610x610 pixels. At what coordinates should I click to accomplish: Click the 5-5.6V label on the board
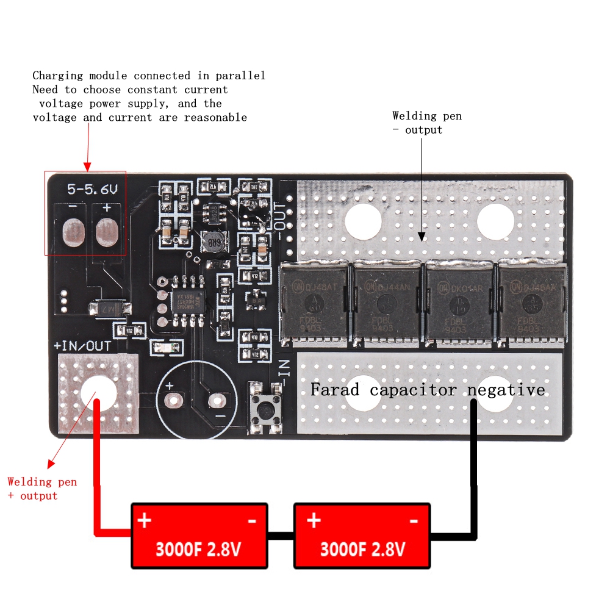tap(92, 190)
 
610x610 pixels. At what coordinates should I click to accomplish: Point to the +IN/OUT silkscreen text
tap(82, 346)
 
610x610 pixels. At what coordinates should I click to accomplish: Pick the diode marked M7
tap(110, 309)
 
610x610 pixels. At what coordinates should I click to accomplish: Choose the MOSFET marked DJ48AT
tap(314, 300)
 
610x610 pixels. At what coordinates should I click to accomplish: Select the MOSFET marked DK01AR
tap(459, 300)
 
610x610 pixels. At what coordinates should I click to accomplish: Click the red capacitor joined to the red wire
tap(199, 536)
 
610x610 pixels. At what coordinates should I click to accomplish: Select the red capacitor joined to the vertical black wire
tap(362, 536)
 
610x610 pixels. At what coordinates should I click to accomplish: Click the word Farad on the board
tap(335, 389)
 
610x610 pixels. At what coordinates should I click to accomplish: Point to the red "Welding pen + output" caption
tap(42, 489)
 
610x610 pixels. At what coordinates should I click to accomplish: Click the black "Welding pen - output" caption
tap(427, 122)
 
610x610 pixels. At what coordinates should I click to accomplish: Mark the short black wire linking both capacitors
tap(281, 536)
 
